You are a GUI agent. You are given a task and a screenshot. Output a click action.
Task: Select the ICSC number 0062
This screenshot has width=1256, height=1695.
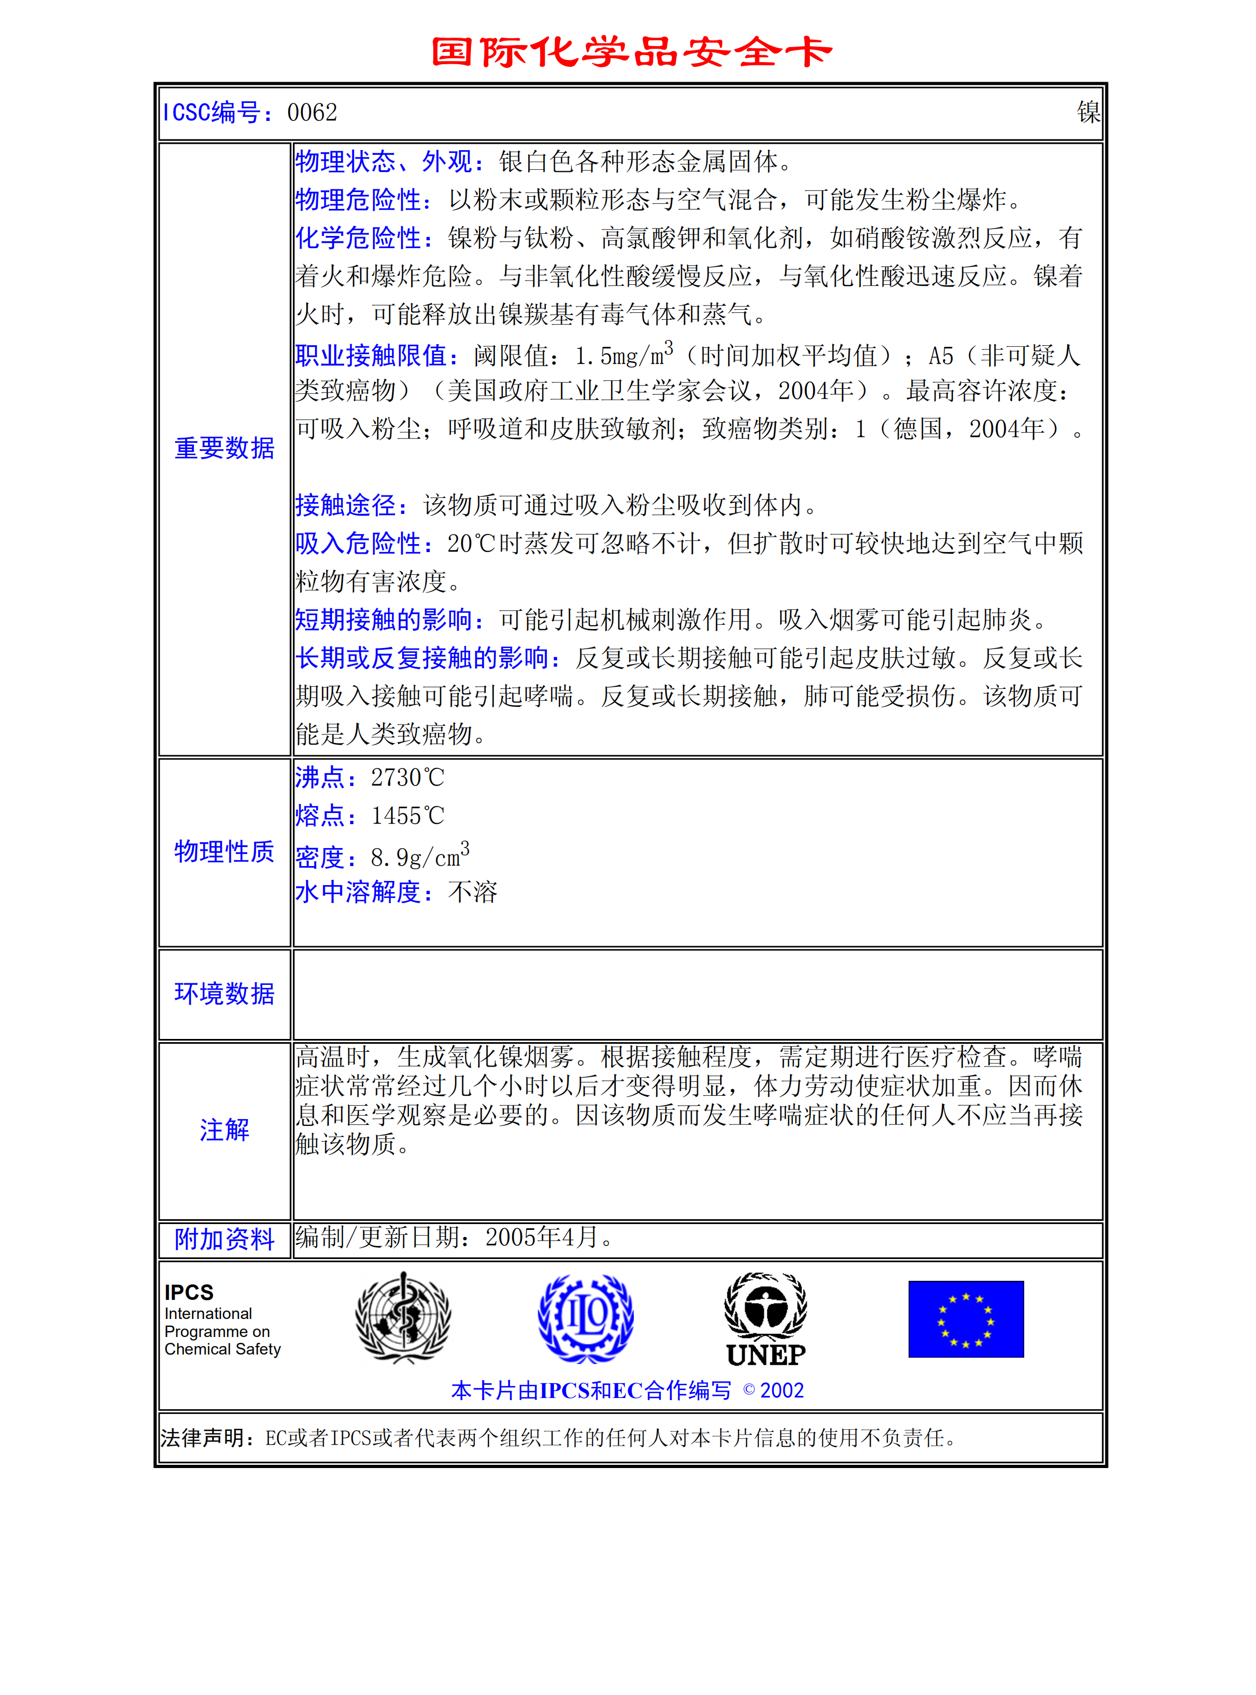pyautogui.click(x=312, y=112)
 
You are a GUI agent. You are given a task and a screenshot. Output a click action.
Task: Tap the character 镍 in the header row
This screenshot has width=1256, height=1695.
pyautogui.click(x=1088, y=112)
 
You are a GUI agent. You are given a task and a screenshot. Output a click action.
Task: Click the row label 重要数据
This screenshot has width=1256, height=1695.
pyautogui.click(x=224, y=449)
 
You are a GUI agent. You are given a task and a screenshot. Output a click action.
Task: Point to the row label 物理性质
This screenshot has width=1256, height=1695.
pyautogui.click(x=224, y=851)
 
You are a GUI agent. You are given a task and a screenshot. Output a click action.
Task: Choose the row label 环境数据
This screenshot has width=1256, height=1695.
pyautogui.click(x=224, y=993)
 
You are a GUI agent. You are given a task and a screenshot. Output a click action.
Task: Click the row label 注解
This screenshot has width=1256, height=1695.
pyautogui.click(x=224, y=1130)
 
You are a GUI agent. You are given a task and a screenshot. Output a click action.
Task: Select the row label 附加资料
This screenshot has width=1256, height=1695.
pyautogui.click(x=224, y=1239)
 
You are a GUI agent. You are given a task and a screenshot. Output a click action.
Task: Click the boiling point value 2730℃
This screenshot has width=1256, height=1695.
pyautogui.click(x=407, y=777)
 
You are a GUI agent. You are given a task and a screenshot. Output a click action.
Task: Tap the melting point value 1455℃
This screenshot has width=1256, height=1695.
pyautogui.click(x=407, y=816)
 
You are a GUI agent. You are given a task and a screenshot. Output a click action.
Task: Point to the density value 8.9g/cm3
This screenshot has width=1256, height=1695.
pyautogui.click(x=420, y=857)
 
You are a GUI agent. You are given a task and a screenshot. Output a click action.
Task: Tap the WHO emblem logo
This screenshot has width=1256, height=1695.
pyautogui.click(x=403, y=1317)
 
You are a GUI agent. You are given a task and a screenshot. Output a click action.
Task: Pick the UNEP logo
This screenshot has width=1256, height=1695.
pyautogui.click(x=765, y=1319)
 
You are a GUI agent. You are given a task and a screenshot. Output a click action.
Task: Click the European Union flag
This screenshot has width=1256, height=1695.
pyautogui.click(x=965, y=1319)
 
